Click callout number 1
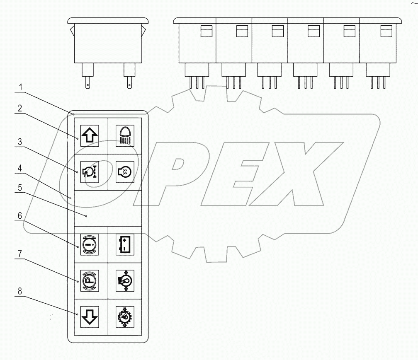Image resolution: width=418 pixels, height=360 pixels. pyautogui.click(x=21, y=88)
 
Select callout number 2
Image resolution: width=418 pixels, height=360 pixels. pyautogui.click(x=19, y=108)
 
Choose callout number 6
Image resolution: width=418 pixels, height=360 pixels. pyautogui.click(x=19, y=217)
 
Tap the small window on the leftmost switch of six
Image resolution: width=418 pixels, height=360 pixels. pyautogui.click(x=206, y=31)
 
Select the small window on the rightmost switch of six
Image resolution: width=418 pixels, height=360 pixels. pyautogui.click(x=386, y=31)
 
